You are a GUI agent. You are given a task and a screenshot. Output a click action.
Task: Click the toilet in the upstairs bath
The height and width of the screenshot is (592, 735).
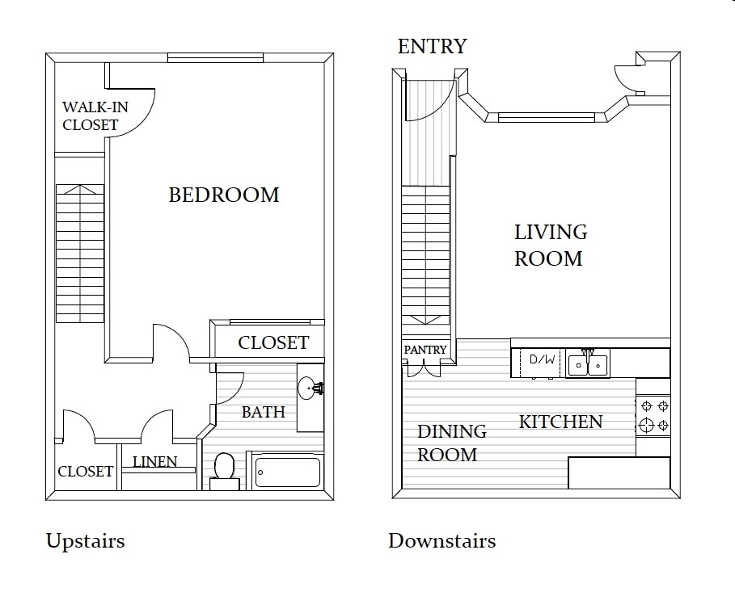point(225,471)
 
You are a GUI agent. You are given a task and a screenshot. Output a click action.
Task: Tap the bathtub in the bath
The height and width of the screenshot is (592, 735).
point(288,472)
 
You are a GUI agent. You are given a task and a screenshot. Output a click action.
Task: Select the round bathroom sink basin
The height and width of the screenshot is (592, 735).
point(307,388)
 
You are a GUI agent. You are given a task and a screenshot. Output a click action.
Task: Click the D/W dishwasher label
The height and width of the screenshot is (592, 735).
point(542,359)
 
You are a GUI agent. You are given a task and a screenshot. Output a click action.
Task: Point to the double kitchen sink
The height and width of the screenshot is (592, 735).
point(587,364)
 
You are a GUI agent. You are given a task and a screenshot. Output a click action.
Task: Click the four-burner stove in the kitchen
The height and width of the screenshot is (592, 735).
point(653,416)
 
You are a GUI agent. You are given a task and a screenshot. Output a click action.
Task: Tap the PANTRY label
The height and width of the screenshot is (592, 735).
point(425,350)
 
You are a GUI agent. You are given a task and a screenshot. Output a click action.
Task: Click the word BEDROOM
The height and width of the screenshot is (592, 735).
point(224,195)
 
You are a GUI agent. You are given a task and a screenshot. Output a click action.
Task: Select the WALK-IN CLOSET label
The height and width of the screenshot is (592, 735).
point(95,115)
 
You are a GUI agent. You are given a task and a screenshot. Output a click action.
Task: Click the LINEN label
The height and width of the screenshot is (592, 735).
point(154,462)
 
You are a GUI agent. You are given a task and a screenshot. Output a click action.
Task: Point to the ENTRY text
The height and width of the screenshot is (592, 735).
point(433,46)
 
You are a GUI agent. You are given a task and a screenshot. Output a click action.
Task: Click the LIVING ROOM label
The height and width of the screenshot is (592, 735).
point(551,245)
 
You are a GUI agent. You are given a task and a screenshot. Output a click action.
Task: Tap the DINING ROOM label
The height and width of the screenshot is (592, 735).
point(451,443)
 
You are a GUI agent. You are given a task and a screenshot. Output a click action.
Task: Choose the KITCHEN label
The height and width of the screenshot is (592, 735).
point(560,422)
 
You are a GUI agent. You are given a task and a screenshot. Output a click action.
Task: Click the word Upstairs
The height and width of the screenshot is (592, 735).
point(86,541)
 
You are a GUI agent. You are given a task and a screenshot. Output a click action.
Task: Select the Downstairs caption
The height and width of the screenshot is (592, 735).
point(442,541)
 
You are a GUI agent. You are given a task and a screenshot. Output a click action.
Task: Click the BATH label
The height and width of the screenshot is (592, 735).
point(264,412)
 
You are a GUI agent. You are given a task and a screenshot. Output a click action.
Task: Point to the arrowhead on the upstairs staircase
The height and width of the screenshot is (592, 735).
point(80,189)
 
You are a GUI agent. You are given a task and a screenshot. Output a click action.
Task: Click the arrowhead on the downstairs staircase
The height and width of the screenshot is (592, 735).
point(425,320)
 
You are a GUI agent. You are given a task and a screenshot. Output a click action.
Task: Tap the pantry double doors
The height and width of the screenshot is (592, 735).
point(424,368)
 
